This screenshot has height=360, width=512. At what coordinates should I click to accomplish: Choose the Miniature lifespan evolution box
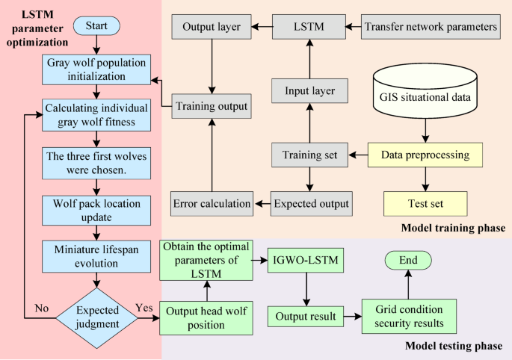click(x=96, y=253)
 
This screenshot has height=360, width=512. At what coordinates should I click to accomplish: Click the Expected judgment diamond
click(x=96, y=317)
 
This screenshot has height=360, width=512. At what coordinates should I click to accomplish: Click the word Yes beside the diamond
click(x=144, y=308)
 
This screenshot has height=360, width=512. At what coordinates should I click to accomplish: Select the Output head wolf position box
click(x=207, y=317)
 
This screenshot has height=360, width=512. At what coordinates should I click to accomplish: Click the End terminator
click(x=407, y=260)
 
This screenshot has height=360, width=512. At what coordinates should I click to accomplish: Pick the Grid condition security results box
click(x=407, y=317)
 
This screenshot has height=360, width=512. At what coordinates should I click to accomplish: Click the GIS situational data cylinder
click(x=425, y=96)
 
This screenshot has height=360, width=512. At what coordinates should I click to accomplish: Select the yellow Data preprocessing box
click(x=425, y=155)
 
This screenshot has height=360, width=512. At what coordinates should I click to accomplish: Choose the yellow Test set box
click(x=425, y=202)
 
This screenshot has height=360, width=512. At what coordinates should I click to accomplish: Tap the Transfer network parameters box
click(x=431, y=27)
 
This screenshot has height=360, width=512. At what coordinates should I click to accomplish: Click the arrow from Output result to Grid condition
click(x=349, y=317)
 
